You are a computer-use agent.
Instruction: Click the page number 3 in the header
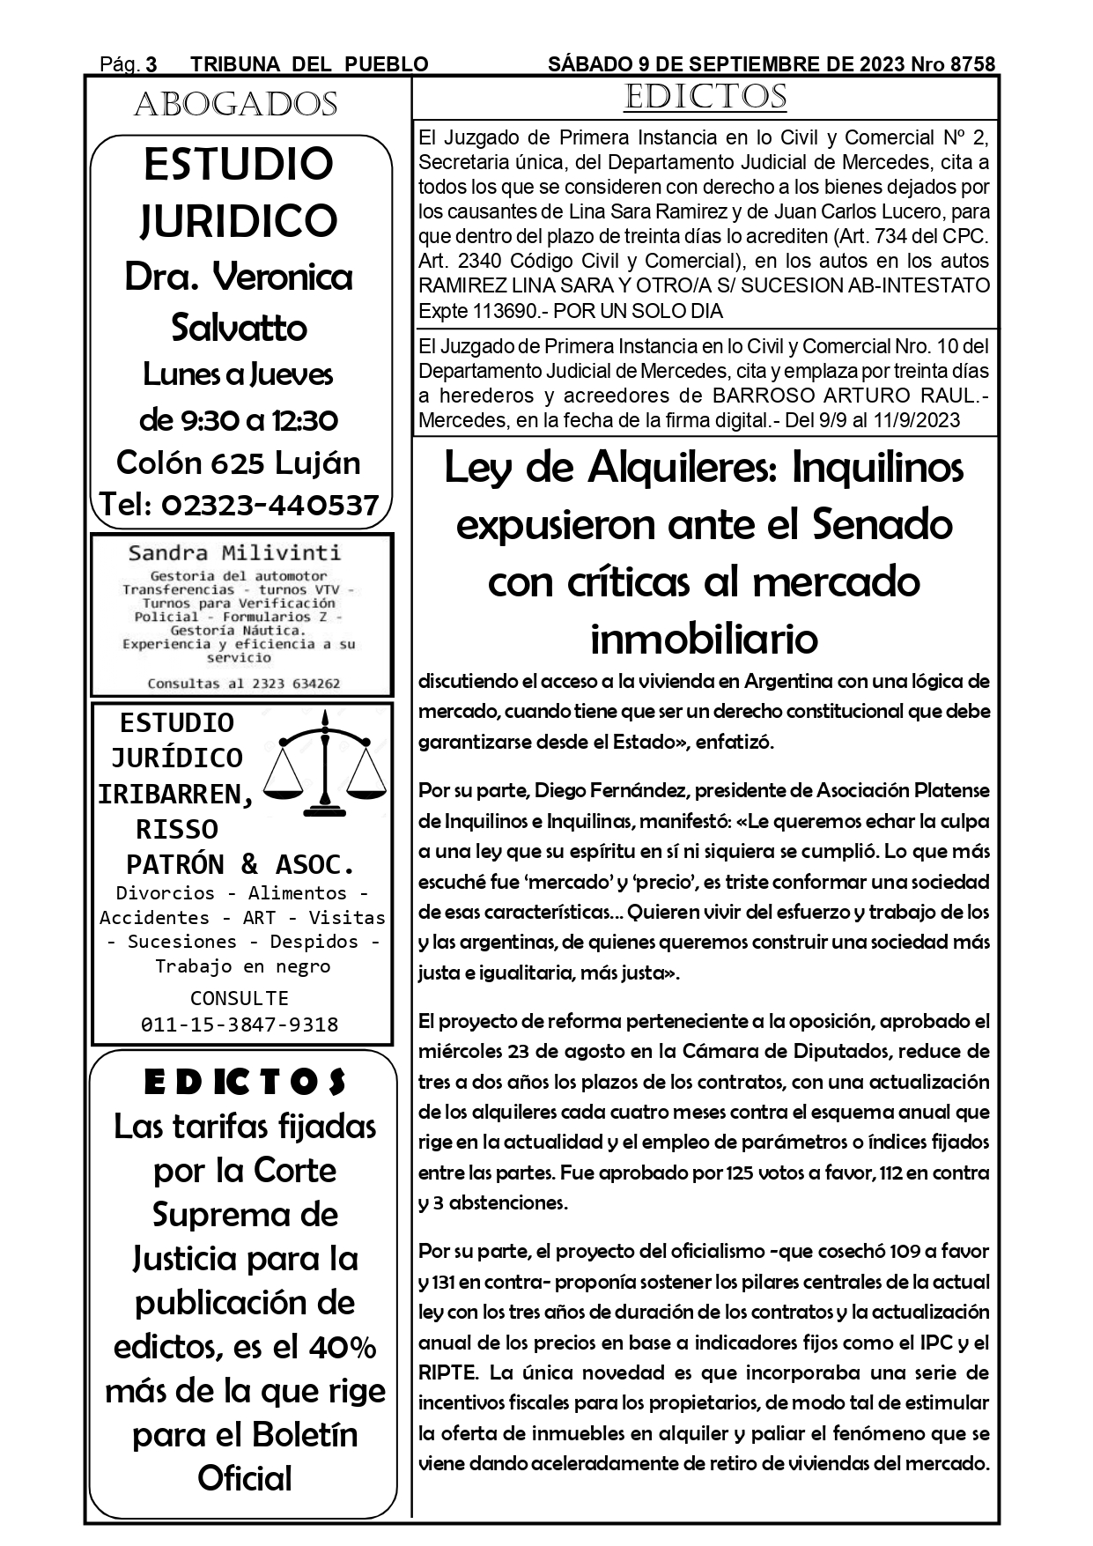tap(151, 64)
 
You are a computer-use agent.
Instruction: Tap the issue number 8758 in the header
tap(967, 64)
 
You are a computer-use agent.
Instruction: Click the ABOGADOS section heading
tap(236, 105)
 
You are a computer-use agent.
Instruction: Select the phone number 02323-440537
tap(270, 505)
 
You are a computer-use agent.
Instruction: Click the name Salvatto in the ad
tap(239, 328)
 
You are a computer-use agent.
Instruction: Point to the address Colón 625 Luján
tap(239, 462)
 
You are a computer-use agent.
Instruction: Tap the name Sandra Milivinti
tap(234, 553)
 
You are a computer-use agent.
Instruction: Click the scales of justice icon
tap(327, 763)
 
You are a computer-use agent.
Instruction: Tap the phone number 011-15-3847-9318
tap(240, 1025)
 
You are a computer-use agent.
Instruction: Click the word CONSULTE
tap(240, 998)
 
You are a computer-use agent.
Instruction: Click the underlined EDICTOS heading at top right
tap(705, 98)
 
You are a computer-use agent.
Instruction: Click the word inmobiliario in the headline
tap(704, 639)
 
